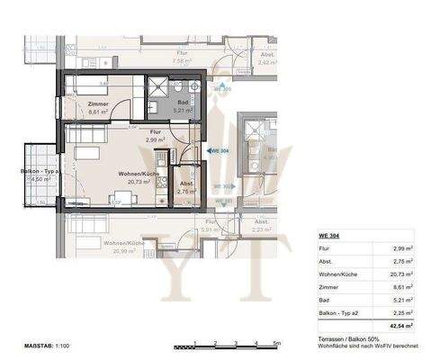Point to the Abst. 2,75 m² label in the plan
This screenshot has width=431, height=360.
[187, 187]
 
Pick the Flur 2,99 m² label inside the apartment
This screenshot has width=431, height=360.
[156, 136]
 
